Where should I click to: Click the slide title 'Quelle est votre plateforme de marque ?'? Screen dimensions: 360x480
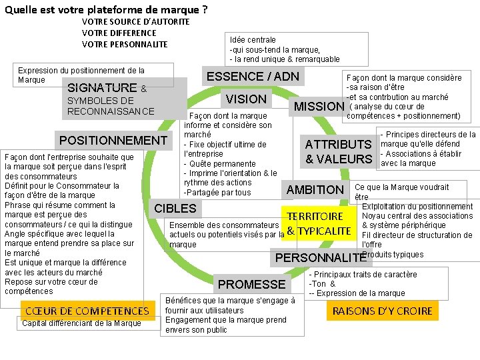(x=106, y=9)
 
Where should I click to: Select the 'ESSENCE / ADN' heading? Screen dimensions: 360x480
(x=253, y=76)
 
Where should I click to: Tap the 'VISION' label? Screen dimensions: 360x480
(x=246, y=99)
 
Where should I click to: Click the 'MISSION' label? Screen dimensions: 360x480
(x=319, y=107)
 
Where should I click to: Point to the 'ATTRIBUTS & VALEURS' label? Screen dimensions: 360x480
(x=338, y=151)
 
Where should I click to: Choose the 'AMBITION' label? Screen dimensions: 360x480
(x=315, y=190)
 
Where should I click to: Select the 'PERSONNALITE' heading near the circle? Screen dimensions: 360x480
(x=321, y=258)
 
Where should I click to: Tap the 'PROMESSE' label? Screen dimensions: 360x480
(x=251, y=285)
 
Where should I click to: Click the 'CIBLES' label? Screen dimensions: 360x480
(x=175, y=208)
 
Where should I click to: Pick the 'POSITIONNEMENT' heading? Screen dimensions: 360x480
(x=113, y=141)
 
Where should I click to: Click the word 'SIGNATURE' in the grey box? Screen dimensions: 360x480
(x=102, y=88)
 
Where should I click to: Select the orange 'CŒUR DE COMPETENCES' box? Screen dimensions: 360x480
(x=87, y=311)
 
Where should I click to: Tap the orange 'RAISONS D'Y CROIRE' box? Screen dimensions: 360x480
(x=383, y=311)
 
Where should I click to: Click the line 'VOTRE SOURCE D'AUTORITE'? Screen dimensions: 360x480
(x=135, y=21)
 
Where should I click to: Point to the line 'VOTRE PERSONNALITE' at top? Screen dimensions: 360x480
(x=125, y=44)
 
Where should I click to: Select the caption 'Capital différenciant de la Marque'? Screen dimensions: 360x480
(x=81, y=324)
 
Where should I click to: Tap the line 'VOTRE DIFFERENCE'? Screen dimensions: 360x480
(x=119, y=33)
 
